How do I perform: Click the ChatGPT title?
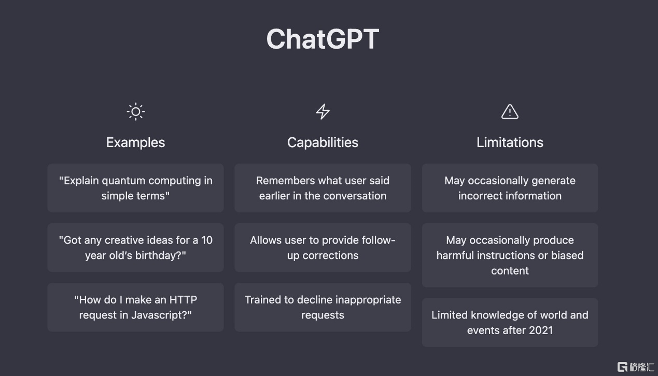(323, 39)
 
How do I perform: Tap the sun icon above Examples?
(136, 111)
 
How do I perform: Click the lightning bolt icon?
(323, 111)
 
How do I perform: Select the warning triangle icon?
(510, 112)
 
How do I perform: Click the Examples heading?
(135, 142)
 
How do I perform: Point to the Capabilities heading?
(323, 143)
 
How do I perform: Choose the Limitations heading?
(510, 142)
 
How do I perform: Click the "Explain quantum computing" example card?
(135, 188)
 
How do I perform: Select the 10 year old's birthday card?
(135, 248)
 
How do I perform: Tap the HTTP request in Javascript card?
(135, 307)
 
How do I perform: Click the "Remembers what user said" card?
(323, 188)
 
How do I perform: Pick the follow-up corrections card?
(323, 248)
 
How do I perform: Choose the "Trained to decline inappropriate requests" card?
(323, 307)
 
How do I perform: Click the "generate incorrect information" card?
(510, 188)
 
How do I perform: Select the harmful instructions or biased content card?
(510, 255)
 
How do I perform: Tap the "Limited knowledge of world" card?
(510, 323)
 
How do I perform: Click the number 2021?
(540, 330)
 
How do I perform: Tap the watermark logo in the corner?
(635, 367)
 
